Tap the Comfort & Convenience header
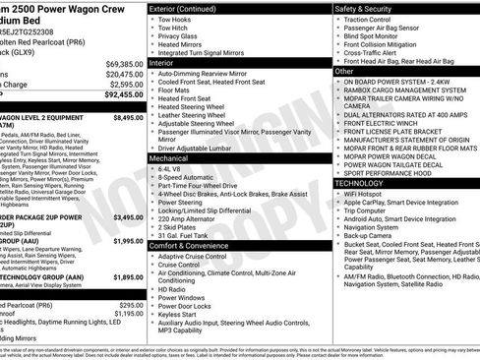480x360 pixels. (192, 244)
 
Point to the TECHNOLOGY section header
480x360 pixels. (365, 183)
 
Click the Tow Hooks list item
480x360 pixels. (175, 20)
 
